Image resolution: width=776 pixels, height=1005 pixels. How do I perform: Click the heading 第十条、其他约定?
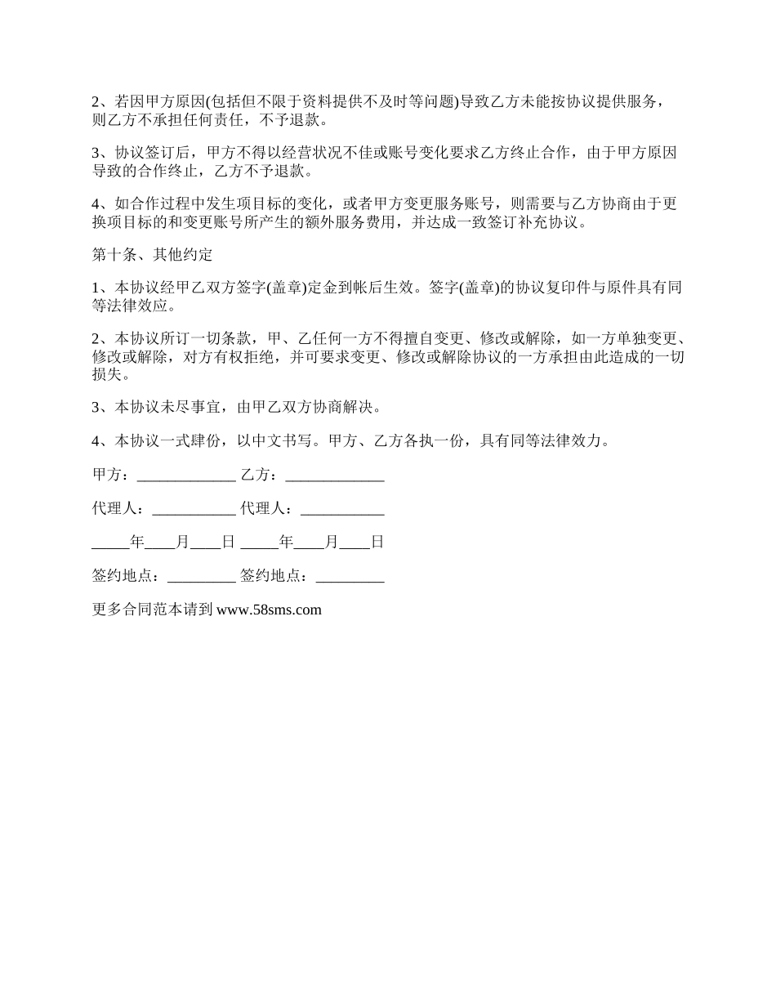click(x=153, y=255)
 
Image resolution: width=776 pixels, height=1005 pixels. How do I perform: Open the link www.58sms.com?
click(x=269, y=610)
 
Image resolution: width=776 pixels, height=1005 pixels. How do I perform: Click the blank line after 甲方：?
click(x=185, y=476)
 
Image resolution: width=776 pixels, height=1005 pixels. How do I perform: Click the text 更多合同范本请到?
click(x=153, y=610)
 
